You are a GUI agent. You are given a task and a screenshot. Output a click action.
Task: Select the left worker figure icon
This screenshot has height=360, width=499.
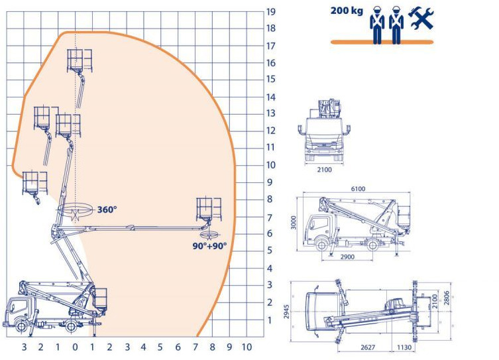coord(378,25)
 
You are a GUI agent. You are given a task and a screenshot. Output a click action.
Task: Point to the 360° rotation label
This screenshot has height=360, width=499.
coord(107,210)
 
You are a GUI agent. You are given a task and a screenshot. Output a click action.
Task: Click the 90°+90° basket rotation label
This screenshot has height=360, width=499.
coord(209,245)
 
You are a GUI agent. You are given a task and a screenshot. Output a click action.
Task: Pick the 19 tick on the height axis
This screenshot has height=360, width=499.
coord(271,11)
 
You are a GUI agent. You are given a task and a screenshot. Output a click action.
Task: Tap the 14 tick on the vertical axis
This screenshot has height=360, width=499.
coord(271,97)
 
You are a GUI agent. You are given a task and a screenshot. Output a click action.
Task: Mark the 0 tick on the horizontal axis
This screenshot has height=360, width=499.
coord(75,347)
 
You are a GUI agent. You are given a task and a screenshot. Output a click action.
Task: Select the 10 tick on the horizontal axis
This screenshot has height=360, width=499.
coord(247,347)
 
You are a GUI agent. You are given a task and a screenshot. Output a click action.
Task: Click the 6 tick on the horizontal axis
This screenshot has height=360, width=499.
coord(178,347)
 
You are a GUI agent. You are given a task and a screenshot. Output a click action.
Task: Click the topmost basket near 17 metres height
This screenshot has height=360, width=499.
coord(79,60)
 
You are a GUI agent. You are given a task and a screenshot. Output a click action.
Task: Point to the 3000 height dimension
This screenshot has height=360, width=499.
coord(294,223)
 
